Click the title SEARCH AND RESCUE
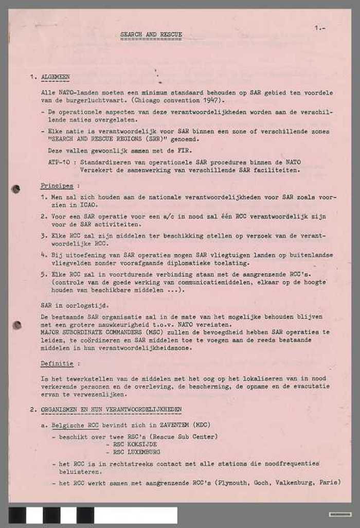pyautogui.click(x=151, y=35)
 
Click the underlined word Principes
pyautogui.click(x=57, y=185)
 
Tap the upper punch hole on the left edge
pyautogui.click(x=16, y=189)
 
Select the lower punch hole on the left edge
pyautogui.click(x=17, y=325)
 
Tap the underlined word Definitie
pyautogui.click(x=57, y=364)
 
